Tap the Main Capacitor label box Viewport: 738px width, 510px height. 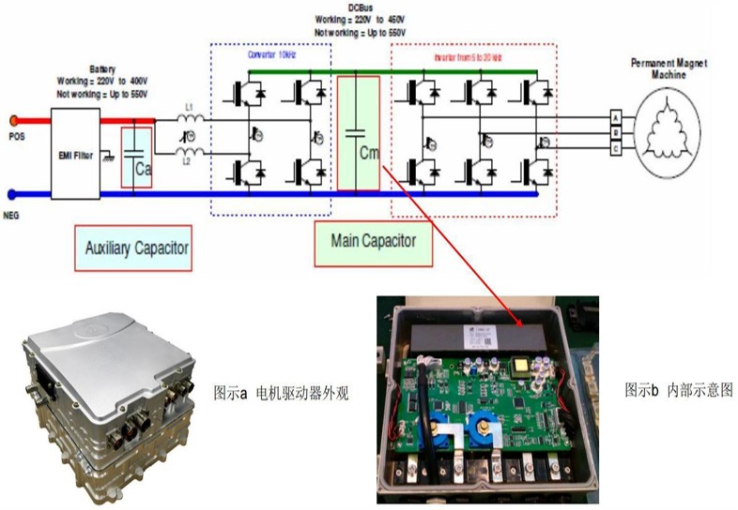click(374, 241)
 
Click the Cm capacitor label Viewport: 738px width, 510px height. click(368, 152)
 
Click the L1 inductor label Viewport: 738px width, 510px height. click(189, 109)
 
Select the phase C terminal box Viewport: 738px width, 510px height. click(616, 147)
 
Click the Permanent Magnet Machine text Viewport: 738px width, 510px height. click(669, 67)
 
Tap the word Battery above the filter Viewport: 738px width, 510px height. click(102, 68)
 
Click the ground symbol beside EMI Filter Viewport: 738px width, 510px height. click(112, 154)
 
